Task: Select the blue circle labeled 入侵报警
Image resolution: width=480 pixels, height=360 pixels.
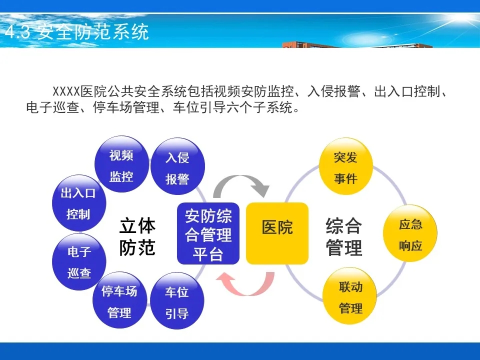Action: point(178,166)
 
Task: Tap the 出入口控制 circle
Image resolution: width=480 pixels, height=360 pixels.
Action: point(79,203)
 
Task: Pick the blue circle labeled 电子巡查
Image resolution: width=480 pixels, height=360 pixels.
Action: point(79,262)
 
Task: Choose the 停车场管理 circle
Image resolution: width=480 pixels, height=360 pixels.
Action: point(119,300)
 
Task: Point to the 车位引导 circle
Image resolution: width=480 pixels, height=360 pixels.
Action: point(177,301)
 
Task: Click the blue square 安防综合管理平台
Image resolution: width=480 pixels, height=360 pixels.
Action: point(208,233)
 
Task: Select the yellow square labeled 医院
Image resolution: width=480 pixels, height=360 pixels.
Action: point(277,233)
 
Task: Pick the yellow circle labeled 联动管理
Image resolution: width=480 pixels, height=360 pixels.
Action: point(350,296)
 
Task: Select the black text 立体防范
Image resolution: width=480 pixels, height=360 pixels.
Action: point(137,236)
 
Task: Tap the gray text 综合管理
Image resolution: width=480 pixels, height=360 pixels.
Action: point(344,236)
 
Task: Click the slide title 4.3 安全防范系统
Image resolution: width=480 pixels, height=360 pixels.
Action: point(77,32)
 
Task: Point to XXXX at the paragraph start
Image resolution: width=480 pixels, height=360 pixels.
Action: point(66,91)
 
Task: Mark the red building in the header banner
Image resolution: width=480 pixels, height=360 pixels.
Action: point(357,45)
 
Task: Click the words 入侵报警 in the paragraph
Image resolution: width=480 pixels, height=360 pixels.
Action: point(333,91)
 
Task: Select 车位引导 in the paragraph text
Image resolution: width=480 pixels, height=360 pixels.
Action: point(199,107)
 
